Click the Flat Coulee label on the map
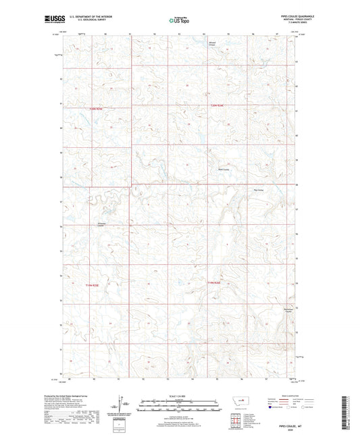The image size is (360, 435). pyautogui.click(x=257, y=190)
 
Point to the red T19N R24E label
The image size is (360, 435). pyautogui.click(x=214, y=282)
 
